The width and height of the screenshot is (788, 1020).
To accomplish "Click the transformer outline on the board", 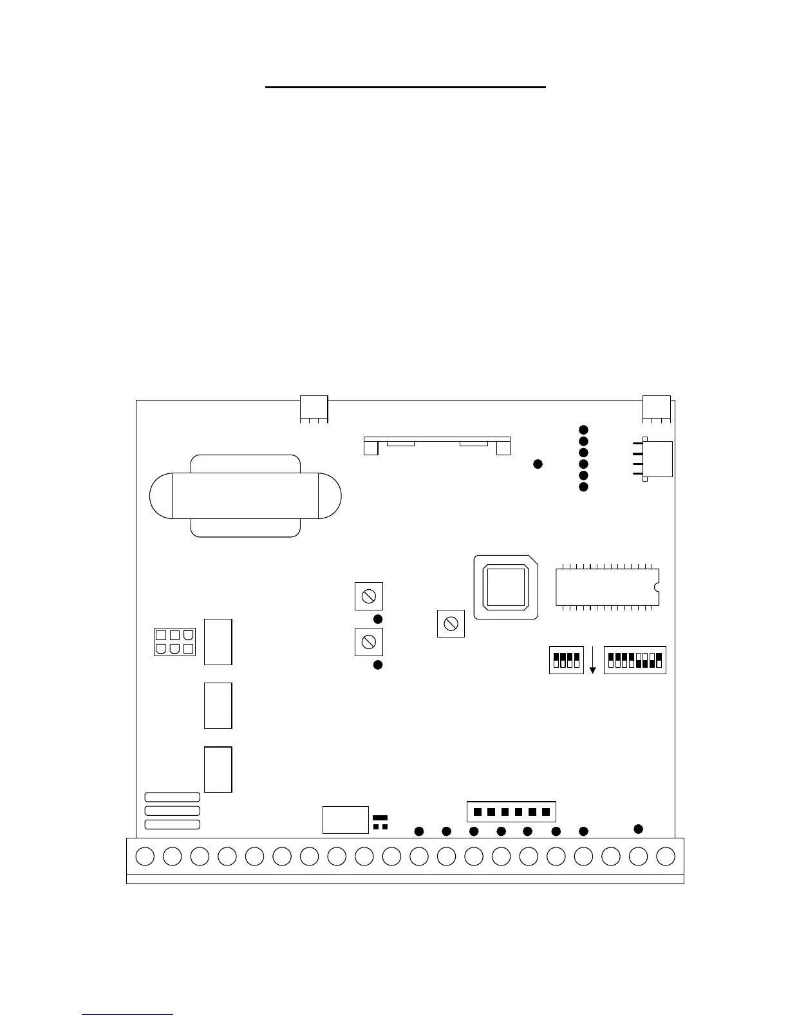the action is pyautogui.click(x=245, y=496).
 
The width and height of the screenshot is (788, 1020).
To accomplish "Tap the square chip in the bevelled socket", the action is pyautogui.click(x=505, y=587).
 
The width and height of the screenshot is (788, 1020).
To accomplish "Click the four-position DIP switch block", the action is pyautogui.click(x=567, y=660).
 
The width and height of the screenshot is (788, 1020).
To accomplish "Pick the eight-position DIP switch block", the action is pyautogui.click(x=635, y=660).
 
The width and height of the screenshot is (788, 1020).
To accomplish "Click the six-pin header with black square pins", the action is pyautogui.click(x=511, y=811).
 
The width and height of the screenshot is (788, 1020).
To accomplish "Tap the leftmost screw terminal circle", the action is pyautogui.click(x=145, y=856).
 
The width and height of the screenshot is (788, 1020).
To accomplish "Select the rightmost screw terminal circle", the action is pyautogui.click(x=666, y=856).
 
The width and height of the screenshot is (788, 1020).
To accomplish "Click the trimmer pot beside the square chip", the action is pyautogui.click(x=451, y=623).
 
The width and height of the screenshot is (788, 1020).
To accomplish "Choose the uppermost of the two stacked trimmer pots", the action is pyautogui.click(x=369, y=596).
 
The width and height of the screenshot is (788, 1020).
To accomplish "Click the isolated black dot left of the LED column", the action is pyautogui.click(x=538, y=464).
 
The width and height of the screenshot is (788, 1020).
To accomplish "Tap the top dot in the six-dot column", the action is pyautogui.click(x=583, y=430).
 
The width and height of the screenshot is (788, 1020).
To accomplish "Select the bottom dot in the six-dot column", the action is pyautogui.click(x=583, y=487).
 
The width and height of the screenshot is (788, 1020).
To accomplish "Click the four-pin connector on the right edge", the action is pyautogui.click(x=657, y=458).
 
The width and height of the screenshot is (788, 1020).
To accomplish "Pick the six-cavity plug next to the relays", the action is pyautogui.click(x=174, y=642).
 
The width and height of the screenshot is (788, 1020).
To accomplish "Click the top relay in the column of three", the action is pyautogui.click(x=218, y=642).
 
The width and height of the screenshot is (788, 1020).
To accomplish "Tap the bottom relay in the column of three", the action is pyautogui.click(x=218, y=770).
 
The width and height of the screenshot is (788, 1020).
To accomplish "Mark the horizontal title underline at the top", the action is pyautogui.click(x=406, y=86).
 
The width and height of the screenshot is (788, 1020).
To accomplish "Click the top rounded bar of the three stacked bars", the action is pyautogui.click(x=172, y=797).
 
